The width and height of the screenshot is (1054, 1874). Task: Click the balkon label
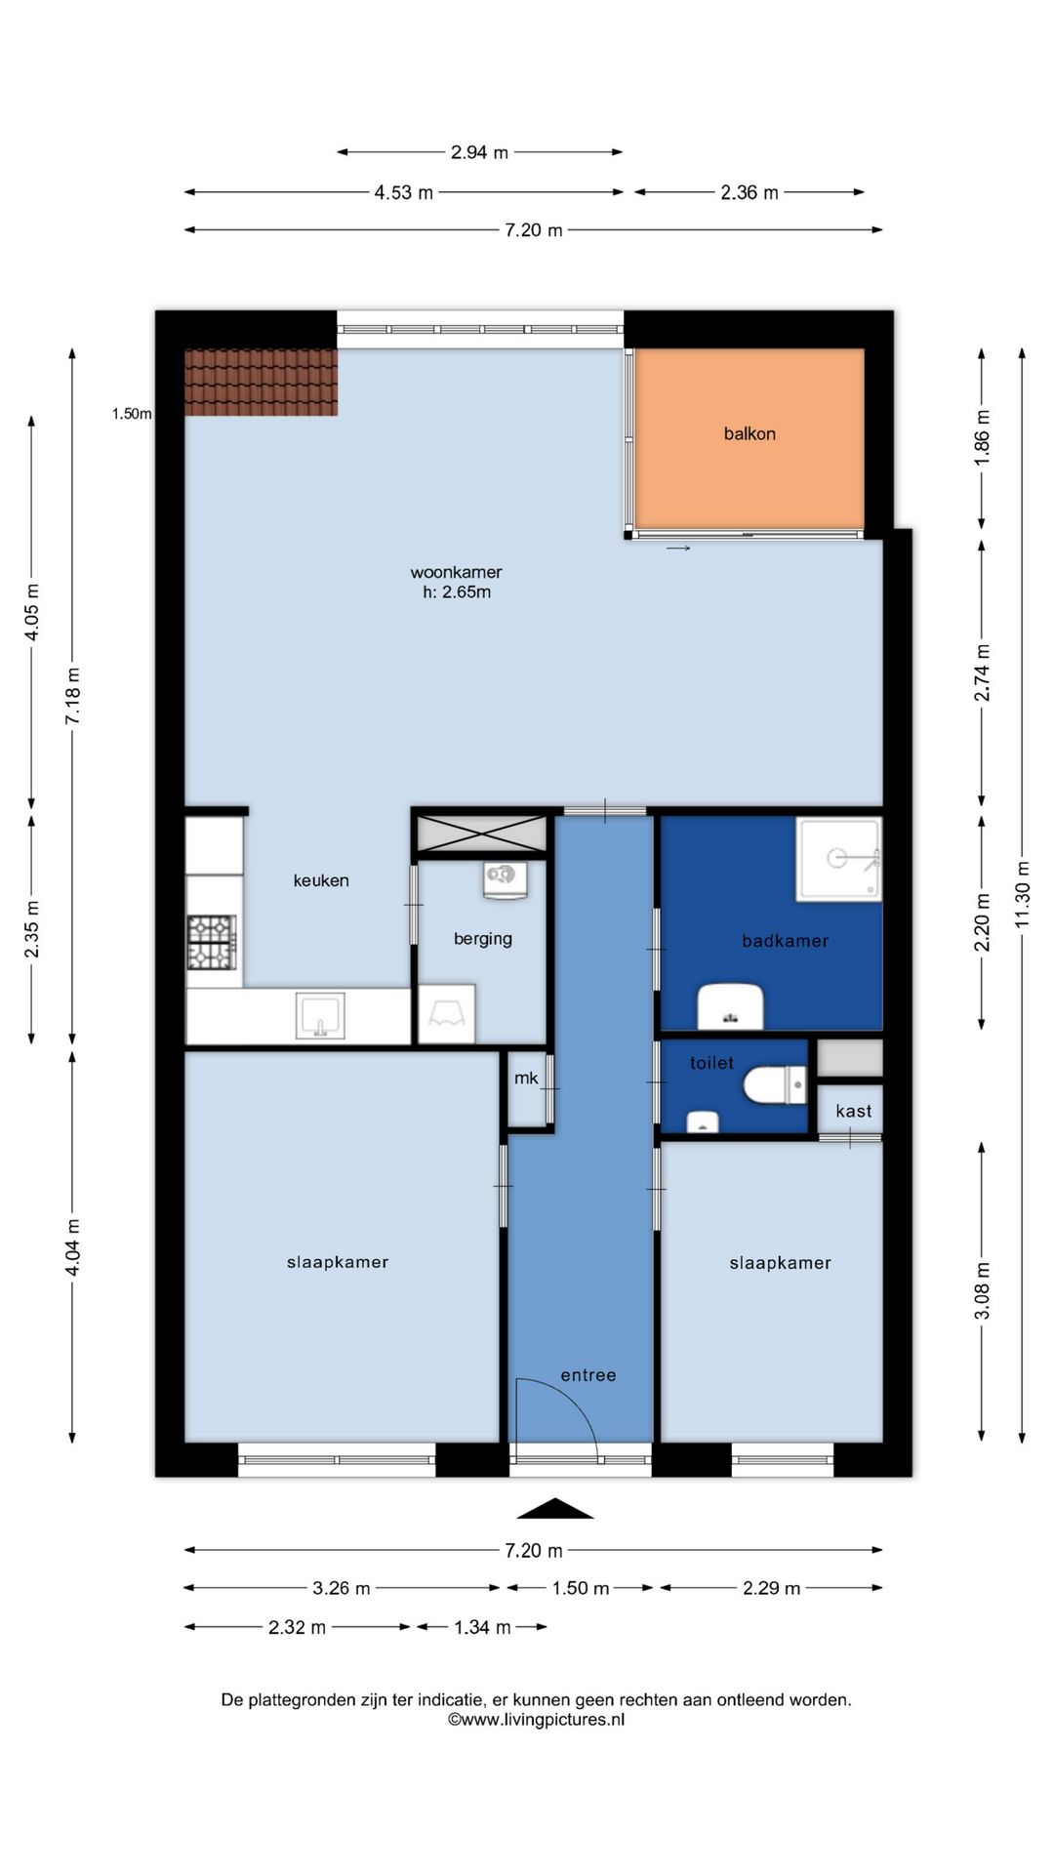click(x=750, y=433)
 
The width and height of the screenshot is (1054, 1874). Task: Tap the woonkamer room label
click(x=456, y=572)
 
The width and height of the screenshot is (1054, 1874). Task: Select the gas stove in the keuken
click(x=212, y=942)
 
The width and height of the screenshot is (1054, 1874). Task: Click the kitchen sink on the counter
click(x=320, y=1016)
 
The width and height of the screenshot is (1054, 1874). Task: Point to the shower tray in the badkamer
click(x=838, y=859)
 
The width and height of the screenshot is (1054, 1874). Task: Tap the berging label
click(x=482, y=939)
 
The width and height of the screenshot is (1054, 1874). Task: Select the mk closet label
click(x=526, y=1078)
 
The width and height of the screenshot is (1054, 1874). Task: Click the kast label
click(x=854, y=1111)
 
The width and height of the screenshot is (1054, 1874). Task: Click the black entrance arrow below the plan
click(x=554, y=1508)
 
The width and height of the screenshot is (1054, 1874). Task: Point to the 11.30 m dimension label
click(x=1022, y=895)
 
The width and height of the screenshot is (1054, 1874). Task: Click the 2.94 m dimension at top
click(x=479, y=152)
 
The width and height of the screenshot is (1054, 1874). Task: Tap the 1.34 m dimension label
click(x=482, y=1627)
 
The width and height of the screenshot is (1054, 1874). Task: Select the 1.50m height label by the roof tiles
click(x=132, y=414)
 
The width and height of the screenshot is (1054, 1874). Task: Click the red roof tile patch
click(x=262, y=383)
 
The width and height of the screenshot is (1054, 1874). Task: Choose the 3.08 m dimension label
click(x=982, y=1290)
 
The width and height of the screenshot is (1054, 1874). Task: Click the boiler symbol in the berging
click(x=505, y=878)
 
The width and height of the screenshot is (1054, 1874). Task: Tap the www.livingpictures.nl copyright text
click(x=536, y=1720)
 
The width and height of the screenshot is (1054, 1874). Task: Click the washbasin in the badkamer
click(x=730, y=1007)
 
